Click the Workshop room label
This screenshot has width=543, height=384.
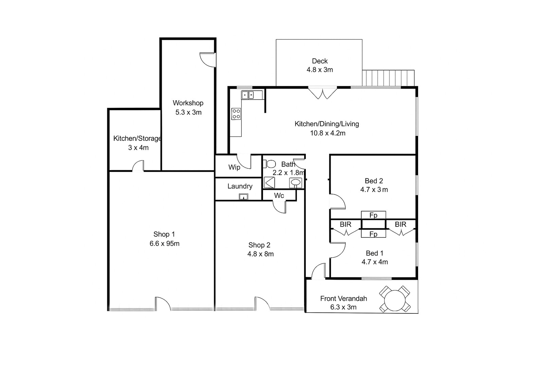click(188, 103)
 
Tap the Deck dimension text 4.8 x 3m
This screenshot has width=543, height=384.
click(319, 70)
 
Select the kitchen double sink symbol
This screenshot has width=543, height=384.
click(247, 95)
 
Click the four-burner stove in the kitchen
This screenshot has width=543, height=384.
click(236, 114)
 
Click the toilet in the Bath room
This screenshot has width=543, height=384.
click(269, 164)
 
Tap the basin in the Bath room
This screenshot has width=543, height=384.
click(296, 183)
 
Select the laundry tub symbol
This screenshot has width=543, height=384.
click(243, 196)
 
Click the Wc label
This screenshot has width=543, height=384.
click(279, 196)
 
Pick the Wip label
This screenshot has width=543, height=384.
click(234, 167)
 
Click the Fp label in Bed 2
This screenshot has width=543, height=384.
click(373, 215)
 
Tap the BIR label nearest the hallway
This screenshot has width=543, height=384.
click(345, 224)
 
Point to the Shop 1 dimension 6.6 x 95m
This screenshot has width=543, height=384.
click(164, 243)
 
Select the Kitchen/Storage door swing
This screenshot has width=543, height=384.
click(138, 166)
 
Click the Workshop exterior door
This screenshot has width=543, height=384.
click(208, 60)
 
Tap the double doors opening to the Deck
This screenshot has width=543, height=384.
click(323, 93)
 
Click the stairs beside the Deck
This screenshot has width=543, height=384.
click(388, 78)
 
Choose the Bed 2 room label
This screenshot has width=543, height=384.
click(374, 181)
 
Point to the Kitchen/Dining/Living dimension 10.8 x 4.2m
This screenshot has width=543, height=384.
click(328, 133)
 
